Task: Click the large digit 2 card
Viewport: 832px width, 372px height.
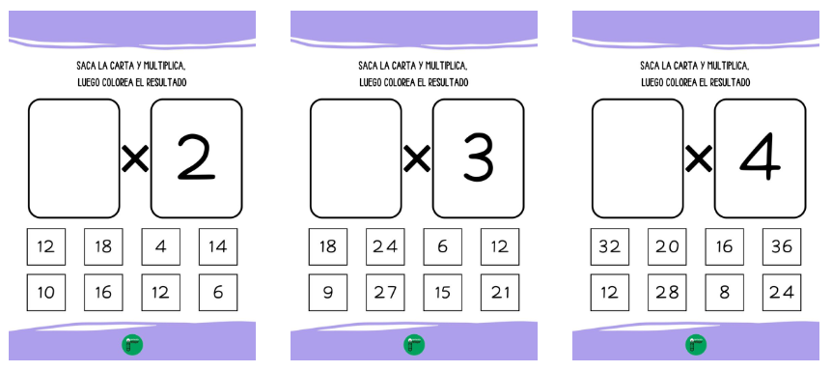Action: [x=196, y=157]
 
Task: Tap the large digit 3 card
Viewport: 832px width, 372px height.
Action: [x=478, y=157]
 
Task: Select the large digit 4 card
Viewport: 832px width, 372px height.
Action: [x=760, y=157]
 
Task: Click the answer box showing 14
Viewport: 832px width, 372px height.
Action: [x=218, y=246]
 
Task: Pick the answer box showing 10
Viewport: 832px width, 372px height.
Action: [x=45, y=292]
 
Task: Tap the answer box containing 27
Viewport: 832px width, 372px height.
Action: [x=385, y=292]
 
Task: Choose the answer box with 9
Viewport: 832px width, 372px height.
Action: [x=327, y=292]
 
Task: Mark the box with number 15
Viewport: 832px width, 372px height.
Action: [x=442, y=292]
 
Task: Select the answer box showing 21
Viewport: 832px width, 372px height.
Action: [x=500, y=292]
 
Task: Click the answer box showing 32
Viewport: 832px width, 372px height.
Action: [x=609, y=246]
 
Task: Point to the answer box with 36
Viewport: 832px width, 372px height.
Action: [x=782, y=246]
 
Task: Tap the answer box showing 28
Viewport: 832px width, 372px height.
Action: [x=667, y=292]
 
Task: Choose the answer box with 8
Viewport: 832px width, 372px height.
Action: [x=724, y=292]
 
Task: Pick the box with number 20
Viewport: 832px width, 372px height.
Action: [x=667, y=246]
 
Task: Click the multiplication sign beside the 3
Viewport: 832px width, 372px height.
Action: [x=417, y=158]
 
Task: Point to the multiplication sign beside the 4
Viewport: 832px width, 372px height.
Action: [x=699, y=158]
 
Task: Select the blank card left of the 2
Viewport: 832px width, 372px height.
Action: [x=74, y=157]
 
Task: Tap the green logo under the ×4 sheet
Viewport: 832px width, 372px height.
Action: [x=696, y=345]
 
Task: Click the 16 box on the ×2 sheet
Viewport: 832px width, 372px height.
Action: [x=103, y=292]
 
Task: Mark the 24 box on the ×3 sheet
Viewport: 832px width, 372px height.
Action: [x=385, y=246]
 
